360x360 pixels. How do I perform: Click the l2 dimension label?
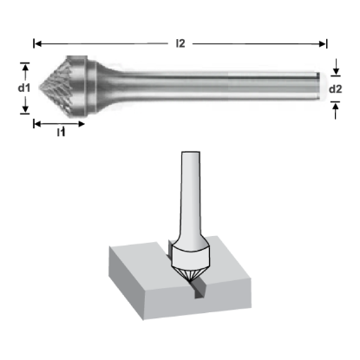coord(180,43)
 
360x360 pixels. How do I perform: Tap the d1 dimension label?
coord(23,88)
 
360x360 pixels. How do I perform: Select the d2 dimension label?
coord(336,89)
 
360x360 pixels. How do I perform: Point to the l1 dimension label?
coord(62,132)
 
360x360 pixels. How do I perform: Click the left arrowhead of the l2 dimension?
coord(38,44)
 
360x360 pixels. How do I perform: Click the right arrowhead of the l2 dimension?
coord(323,44)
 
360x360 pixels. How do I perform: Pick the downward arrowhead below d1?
coord(25,108)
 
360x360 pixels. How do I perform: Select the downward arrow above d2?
coord(336,66)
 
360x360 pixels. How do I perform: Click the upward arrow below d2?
coord(336,111)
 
